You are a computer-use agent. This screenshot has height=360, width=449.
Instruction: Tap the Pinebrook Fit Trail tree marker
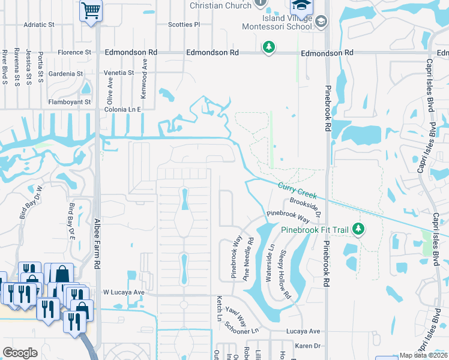click(358, 229)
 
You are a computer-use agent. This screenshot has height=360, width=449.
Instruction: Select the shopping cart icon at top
click(91, 9)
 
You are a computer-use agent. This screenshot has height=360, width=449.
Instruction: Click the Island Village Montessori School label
click(277, 22)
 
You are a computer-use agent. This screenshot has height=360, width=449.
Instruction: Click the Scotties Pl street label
click(184, 25)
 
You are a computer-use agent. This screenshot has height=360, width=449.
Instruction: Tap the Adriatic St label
click(38, 25)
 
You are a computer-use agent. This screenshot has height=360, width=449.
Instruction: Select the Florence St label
click(74, 52)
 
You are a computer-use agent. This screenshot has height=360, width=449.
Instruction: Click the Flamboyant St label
click(70, 102)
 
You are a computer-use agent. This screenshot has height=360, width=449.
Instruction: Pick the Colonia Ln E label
click(122, 110)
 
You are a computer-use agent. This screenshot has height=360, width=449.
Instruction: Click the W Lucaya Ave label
click(124, 292)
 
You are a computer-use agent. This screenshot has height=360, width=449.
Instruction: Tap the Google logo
click(20, 353)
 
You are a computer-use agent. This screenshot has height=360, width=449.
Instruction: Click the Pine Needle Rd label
click(249, 259)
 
